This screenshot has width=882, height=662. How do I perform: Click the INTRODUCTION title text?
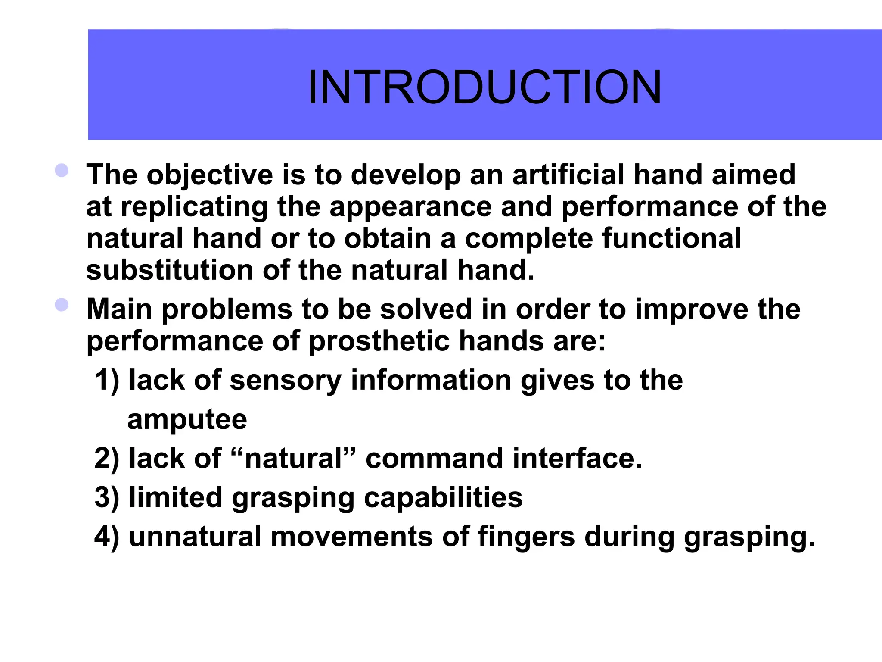coord(484,87)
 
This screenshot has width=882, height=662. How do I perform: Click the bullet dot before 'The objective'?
coord(62,170)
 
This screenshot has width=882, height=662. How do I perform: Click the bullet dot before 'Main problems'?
coord(62,305)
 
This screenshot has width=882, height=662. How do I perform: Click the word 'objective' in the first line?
coord(210,175)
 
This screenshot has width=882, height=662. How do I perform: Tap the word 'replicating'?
coord(194,207)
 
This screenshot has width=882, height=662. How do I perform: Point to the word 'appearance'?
coord(410,207)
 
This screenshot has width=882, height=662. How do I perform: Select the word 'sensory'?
coord(286,381)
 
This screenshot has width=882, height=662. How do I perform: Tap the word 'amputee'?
coord(187,419)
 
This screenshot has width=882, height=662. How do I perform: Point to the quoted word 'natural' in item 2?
coord(294,458)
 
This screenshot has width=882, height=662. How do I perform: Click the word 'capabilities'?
coord(443,497)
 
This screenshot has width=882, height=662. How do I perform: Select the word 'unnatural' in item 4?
coord(195,537)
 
